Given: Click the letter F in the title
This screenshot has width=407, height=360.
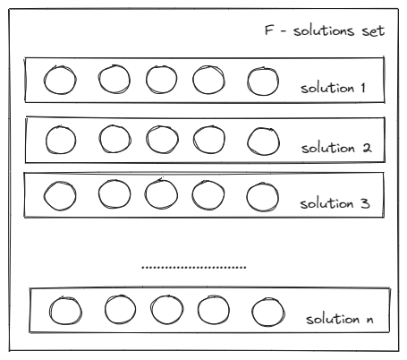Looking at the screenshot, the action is pos(269,30).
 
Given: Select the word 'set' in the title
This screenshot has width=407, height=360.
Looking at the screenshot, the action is pos(373,31).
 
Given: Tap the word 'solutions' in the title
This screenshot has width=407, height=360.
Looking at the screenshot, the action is pos(324,30).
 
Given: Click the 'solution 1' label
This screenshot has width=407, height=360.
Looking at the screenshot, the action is pos(333,89).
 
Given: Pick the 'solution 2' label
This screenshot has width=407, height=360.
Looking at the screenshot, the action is pos(336,148).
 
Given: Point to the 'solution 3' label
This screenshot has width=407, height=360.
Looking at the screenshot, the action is pos(335,204).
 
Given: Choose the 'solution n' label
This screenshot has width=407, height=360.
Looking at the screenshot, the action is pos(340,319).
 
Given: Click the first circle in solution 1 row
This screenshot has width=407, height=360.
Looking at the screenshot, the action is pos(44,81).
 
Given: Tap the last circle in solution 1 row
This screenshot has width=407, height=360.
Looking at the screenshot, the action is pos(248,81).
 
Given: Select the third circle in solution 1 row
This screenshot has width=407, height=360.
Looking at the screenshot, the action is pos(146,80).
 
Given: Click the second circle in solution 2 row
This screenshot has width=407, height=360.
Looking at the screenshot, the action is pos(99,139).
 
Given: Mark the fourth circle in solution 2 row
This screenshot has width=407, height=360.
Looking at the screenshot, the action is pos(193,140).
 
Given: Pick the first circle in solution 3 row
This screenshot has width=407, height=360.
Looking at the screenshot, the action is pos(44,196).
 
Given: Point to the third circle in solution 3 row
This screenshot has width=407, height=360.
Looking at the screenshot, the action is pos(145,194).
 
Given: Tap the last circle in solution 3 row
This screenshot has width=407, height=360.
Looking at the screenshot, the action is pos(247,197).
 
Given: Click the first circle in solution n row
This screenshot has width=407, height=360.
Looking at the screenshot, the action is pos(50,311).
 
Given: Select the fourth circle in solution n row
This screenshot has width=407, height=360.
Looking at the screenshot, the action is pos(198,310).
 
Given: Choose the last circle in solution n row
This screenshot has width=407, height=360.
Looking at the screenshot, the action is pos(252,312).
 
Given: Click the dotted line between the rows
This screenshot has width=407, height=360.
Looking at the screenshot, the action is pos(194,267).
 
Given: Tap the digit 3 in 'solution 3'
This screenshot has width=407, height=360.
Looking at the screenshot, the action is pos(366,203).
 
